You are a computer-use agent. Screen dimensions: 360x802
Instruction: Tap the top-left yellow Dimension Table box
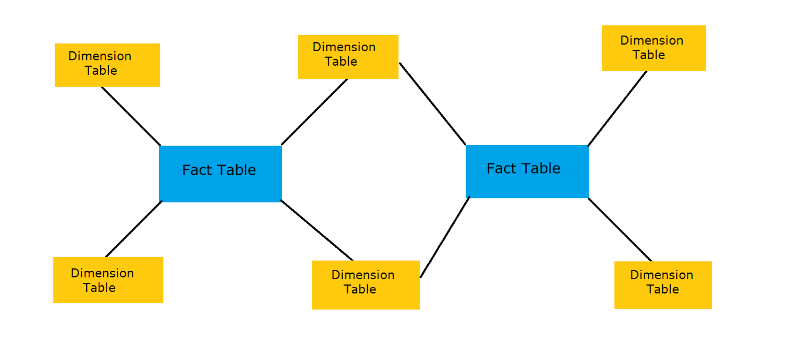(x=107, y=65)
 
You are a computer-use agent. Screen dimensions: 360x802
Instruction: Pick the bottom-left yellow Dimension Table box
(x=108, y=280)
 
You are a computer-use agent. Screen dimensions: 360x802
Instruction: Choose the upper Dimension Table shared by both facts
(x=348, y=57)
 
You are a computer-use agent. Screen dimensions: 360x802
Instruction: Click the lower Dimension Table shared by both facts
(x=366, y=284)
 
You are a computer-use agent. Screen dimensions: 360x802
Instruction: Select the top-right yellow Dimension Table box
(x=654, y=48)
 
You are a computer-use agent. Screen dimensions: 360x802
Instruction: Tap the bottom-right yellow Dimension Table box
(x=663, y=284)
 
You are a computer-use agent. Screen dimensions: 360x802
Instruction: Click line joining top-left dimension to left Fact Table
(x=131, y=116)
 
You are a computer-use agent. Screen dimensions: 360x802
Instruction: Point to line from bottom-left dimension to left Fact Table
(x=134, y=229)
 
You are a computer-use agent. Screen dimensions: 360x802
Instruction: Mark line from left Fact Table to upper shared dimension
(x=314, y=112)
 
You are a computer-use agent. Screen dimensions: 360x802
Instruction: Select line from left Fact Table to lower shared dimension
(x=317, y=230)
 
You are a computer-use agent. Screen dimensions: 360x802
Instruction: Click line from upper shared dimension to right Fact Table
(x=433, y=104)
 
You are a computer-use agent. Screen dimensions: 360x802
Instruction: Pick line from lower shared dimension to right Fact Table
(x=445, y=237)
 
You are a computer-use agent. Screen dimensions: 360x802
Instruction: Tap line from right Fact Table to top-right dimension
(x=617, y=109)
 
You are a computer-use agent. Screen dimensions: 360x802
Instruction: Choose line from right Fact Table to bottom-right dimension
(x=620, y=230)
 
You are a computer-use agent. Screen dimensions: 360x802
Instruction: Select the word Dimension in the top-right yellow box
(x=652, y=41)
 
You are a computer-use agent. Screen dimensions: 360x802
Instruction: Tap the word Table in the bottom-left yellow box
(x=99, y=288)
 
